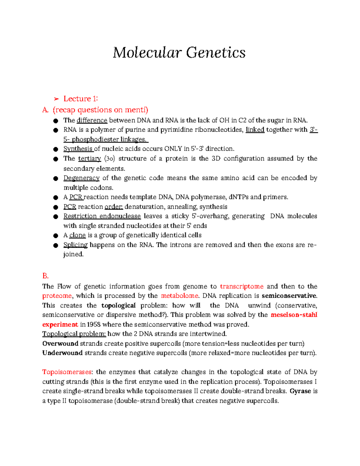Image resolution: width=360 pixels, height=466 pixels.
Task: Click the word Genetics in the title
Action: (x=216, y=53)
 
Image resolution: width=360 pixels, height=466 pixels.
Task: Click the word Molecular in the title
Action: (x=147, y=53)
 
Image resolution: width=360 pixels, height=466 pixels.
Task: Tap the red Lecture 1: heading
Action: (x=81, y=99)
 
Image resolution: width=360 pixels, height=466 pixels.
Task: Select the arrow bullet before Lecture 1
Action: (x=56, y=99)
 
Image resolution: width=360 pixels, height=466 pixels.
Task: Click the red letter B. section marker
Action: (x=45, y=276)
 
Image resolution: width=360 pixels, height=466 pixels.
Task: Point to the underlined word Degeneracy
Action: (x=81, y=178)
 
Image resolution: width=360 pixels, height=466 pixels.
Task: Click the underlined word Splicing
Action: (x=75, y=245)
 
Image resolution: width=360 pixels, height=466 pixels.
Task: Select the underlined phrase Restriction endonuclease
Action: (x=102, y=216)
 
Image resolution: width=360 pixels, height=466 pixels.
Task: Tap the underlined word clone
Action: (x=77, y=235)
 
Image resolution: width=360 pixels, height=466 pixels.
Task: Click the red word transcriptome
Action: (x=241, y=286)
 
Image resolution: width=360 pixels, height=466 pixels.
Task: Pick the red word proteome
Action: (x=57, y=296)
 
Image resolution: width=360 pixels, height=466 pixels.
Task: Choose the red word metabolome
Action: (x=180, y=296)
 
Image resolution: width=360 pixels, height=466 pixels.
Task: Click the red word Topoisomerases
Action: (x=67, y=372)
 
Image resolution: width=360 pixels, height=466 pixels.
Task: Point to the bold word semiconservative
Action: (x=289, y=296)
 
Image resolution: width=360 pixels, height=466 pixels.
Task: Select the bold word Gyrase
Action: (x=300, y=391)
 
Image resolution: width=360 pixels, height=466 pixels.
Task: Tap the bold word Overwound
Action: (x=60, y=344)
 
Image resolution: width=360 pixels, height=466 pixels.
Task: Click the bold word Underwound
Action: (x=62, y=353)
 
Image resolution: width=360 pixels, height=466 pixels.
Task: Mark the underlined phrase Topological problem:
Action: (x=74, y=334)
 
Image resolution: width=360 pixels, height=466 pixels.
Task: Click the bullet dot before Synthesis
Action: (x=55, y=149)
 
